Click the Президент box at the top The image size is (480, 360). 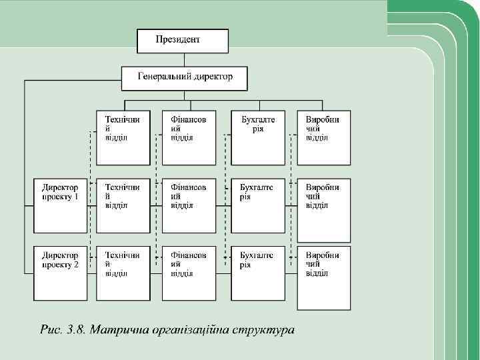pos(182,41)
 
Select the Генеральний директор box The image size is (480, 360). pos(184,78)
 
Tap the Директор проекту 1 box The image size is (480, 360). pos(61,205)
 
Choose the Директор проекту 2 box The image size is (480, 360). pos(61,273)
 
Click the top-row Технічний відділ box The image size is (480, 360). pos(123,137)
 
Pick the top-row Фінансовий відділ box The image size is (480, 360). pos(189,137)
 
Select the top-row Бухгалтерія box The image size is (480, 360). pos(257,137)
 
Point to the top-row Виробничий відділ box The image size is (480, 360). pos(324,137)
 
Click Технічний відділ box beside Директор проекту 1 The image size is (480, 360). pos(123,205)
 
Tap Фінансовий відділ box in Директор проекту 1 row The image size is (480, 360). pos(189,205)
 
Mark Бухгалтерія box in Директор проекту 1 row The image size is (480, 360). pos(257,205)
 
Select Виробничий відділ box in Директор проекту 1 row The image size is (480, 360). pos(324,205)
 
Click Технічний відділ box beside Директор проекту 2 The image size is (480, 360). pos(123,273)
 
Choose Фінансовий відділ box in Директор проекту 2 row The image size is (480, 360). pos(189,273)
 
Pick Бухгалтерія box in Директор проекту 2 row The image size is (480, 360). pos(257,273)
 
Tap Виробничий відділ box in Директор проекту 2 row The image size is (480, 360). pos(324,279)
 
